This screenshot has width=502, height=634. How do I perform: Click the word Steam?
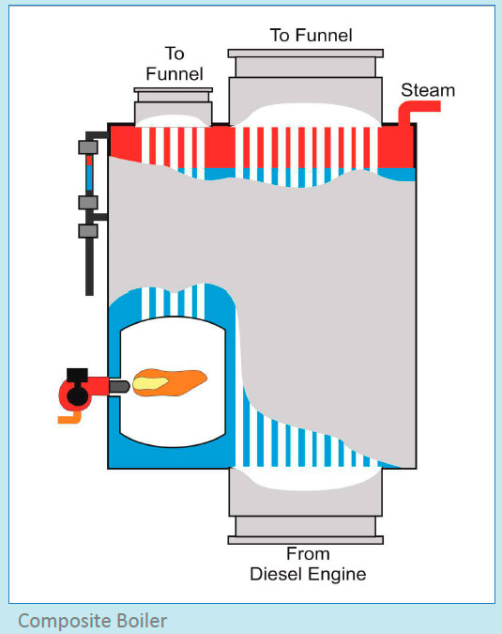click(427, 90)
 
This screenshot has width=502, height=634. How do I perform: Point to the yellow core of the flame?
click(155, 381)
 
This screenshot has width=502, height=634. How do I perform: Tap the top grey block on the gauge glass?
click(89, 147)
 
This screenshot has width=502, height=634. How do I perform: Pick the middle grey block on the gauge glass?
click(89, 202)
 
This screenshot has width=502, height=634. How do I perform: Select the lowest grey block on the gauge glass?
click(89, 229)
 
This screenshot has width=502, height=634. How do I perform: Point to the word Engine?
click(338, 573)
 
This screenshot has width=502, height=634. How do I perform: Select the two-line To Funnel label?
click(175, 61)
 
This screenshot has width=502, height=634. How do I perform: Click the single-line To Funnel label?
click(311, 36)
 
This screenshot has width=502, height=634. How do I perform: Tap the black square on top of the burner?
click(78, 373)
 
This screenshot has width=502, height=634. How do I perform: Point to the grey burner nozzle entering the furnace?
click(119, 387)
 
